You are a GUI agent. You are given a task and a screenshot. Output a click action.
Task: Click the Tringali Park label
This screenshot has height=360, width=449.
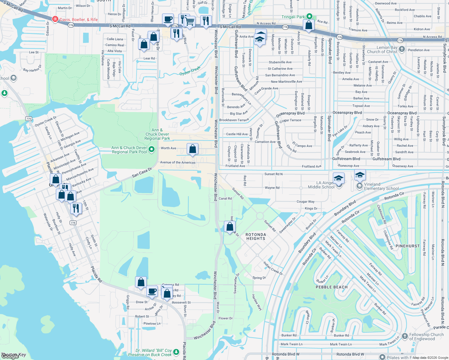[293, 17]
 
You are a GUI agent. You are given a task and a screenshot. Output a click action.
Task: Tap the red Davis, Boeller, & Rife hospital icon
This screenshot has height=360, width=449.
[55, 19]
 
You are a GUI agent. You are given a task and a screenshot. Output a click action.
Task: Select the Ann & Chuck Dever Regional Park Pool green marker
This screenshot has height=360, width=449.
[152, 149]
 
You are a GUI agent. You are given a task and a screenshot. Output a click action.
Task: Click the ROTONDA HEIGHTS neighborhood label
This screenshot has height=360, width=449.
[256, 236]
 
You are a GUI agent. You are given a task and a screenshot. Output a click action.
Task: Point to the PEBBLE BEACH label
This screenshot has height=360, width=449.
[331, 287]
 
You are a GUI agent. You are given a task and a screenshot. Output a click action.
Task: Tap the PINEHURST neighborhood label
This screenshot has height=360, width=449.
[407, 246]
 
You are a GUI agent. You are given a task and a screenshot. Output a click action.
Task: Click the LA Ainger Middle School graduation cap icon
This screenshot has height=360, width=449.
[338, 178]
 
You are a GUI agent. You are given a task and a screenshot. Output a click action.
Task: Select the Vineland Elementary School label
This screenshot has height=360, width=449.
[381, 186]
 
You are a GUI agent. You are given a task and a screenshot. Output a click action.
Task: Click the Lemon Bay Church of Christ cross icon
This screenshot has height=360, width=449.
[402, 49]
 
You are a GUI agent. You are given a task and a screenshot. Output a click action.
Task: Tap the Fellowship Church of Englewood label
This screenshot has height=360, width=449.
[426, 337]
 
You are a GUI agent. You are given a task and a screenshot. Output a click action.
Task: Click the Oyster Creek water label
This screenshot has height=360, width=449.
[190, 71]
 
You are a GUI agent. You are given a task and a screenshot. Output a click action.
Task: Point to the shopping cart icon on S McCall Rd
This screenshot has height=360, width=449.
[190, 21]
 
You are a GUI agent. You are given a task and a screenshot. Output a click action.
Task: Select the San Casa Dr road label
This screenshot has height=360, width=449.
[142, 173]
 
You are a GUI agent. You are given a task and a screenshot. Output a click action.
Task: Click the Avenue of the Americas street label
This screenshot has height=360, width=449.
[178, 163]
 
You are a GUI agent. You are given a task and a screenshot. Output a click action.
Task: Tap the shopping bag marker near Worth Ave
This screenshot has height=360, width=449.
[192, 148]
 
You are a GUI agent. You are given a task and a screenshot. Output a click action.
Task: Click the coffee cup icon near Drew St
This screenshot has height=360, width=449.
[152, 291]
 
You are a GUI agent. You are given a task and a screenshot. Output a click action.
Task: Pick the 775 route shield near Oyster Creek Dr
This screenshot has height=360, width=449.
[29, 119]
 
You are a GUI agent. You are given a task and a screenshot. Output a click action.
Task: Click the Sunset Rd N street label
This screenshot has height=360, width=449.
[273, 174]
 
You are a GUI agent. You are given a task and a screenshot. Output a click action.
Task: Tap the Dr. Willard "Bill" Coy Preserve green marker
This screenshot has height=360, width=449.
[176, 352]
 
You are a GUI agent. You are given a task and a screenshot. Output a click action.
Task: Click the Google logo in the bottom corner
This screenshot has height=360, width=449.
[10, 356]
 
